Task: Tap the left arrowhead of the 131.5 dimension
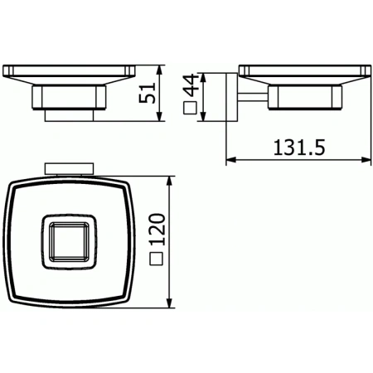230,159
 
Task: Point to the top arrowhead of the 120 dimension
172,180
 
